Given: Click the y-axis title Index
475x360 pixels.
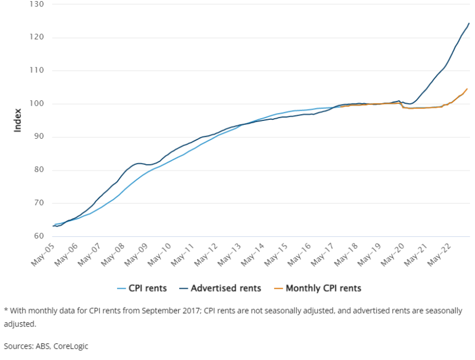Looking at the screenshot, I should tap(18, 120).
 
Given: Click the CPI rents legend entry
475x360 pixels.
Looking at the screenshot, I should tap(142, 288).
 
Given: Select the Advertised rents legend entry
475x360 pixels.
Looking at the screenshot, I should tap(221, 288).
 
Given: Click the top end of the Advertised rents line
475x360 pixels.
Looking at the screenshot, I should tap(469, 23).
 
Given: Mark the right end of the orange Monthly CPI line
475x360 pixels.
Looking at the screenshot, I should tap(467, 88).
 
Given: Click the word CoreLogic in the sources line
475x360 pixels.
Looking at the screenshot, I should tap(71, 346).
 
